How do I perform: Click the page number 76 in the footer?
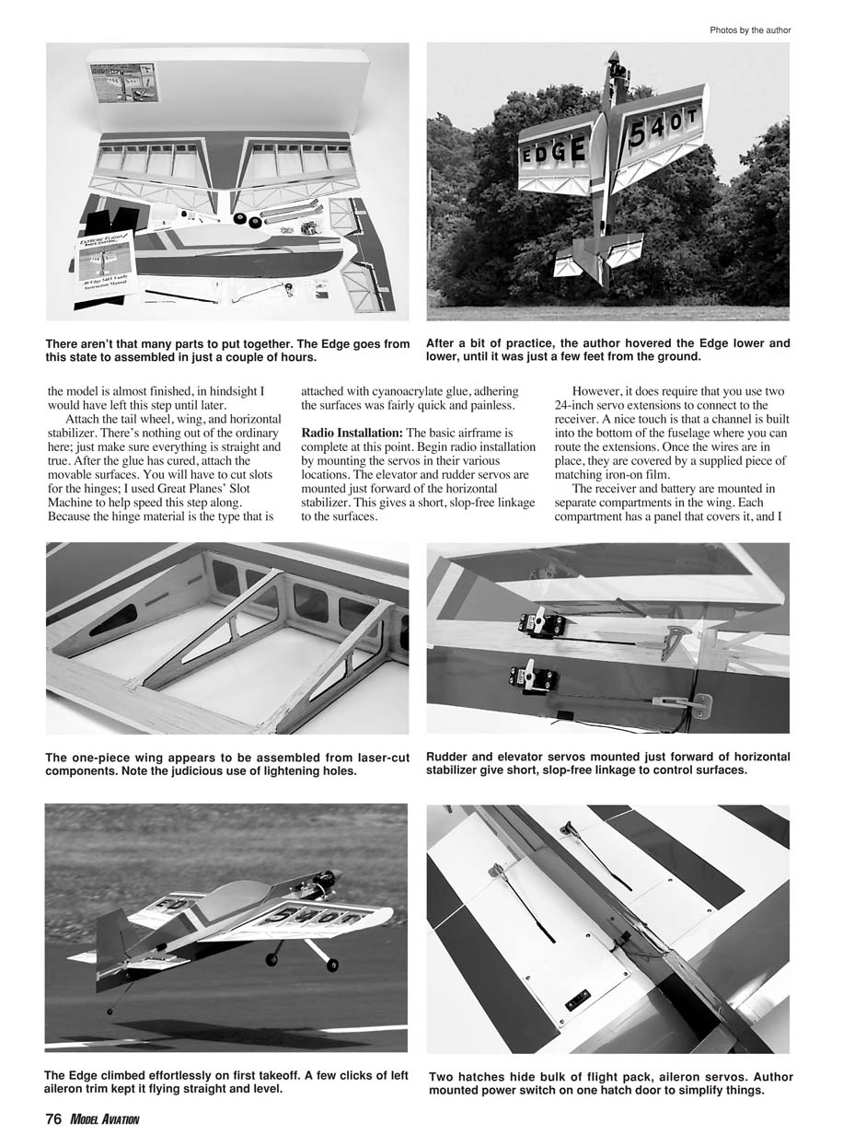coord(52,1119)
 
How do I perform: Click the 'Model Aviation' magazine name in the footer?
coord(104,1119)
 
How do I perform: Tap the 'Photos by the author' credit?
coord(750,30)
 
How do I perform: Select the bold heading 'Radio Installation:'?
coord(352,433)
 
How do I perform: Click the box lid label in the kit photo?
coord(125,82)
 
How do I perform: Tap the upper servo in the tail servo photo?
coord(540,624)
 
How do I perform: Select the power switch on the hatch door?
coord(578,999)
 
